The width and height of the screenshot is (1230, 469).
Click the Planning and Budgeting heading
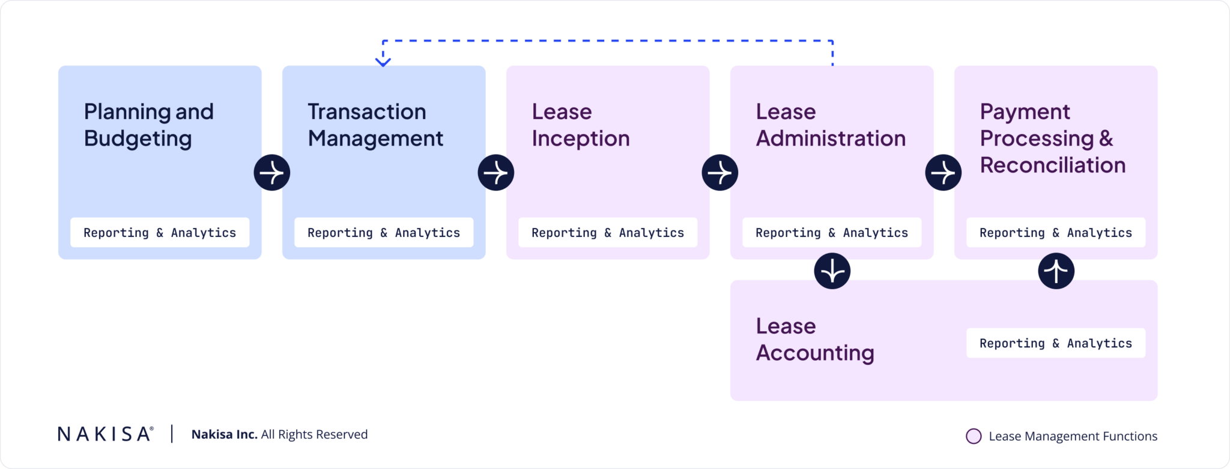[x=148, y=125]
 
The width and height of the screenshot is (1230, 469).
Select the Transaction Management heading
[x=375, y=125]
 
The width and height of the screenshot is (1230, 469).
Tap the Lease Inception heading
[x=580, y=125]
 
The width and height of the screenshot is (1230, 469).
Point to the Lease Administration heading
[x=830, y=125]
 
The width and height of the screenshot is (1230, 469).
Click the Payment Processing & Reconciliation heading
[x=1052, y=138]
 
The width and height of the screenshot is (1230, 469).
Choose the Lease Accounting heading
[x=814, y=339]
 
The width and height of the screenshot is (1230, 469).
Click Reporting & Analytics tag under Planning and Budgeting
[x=160, y=233]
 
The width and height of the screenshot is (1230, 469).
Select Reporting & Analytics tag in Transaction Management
[x=384, y=233]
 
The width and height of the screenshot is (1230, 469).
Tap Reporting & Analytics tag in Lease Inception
[x=608, y=233]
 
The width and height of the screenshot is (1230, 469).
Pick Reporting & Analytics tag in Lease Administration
[x=832, y=233]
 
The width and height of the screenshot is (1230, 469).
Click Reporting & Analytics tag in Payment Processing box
[x=1056, y=233]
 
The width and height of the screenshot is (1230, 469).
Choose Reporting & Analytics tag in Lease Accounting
[x=1056, y=343]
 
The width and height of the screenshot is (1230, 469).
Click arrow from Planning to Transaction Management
[x=272, y=173]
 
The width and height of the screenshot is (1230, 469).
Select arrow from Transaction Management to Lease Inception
[x=496, y=173]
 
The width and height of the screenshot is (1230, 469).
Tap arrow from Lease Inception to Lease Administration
[x=720, y=173]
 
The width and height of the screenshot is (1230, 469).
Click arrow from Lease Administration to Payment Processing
[x=944, y=173]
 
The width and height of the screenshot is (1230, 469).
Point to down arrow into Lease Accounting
[x=832, y=271]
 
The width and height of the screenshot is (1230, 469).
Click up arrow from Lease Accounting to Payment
[x=1056, y=271]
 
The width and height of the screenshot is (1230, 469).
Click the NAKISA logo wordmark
[x=106, y=434]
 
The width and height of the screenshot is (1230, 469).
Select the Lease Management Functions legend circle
[x=974, y=437]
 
